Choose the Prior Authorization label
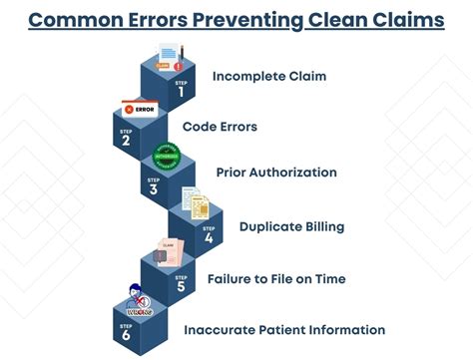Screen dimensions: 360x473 pos(276,173)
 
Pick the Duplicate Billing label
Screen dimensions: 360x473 pos(291,226)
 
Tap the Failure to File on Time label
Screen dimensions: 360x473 pos(276,278)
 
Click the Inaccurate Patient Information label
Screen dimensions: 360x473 pos(284,329)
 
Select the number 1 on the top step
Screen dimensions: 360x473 pos(182,92)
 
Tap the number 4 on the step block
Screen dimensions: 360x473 pos(208,238)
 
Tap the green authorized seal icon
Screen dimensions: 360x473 pos(166,157)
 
